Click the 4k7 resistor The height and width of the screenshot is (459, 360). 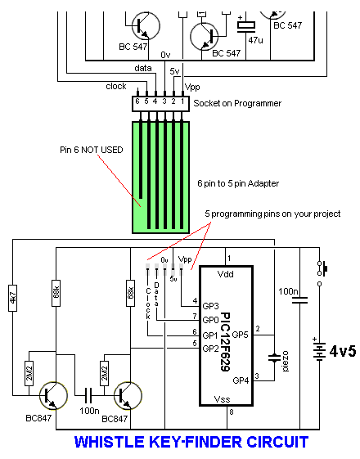pyautogui.click(x=12, y=298)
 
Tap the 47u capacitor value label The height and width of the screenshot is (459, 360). pyautogui.click(x=255, y=40)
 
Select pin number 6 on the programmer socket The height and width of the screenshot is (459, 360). pyautogui.click(x=137, y=101)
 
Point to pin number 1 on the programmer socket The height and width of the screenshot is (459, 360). pyautogui.click(x=182, y=101)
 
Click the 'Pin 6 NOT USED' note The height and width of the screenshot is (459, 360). pyautogui.click(x=92, y=150)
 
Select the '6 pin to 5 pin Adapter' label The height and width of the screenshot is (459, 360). pyautogui.click(x=238, y=183)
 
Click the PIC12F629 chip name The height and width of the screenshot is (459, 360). pyautogui.click(x=225, y=342)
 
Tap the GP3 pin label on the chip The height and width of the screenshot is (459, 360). pyautogui.click(x=210, y=306)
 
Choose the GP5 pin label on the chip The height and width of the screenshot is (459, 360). pyautogui.click(x=240, y=335)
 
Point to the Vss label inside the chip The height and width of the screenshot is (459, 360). pyautogui.click(x=222, y=399)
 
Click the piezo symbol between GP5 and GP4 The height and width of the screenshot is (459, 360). pyautogui.click(x=274, y=358)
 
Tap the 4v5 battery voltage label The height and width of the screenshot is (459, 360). pyautogui.click(x=343, y=351)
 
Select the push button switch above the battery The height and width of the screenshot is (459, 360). pyautogui.click(x=322, y=268)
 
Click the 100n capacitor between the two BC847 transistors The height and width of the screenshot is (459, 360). pyautogui.click(x=88, y=395)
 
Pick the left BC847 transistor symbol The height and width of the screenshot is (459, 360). pyautogui.click(x=53, y=395)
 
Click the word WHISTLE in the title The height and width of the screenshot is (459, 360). pyautogui.click(x=109, y=442)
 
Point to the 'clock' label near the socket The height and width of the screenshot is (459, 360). pyautogui.click(x=116, y=86)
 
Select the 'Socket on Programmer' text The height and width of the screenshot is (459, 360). pyautogui.click(x=237, y=103)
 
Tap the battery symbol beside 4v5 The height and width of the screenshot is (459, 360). pyautogui.click(x=319, y=350)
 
